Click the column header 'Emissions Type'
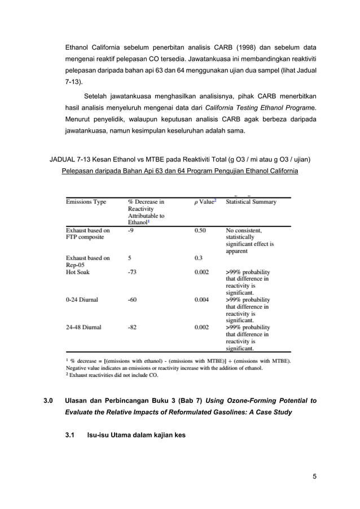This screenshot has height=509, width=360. [86, 202]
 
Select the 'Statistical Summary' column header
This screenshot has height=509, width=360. [251, 202]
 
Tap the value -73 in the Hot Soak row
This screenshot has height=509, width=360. [133, 272]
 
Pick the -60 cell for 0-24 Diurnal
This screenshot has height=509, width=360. [133, 300]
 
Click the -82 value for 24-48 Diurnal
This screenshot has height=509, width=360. [133, 327]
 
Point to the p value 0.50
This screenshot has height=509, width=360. [200, 230]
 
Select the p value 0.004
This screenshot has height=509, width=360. [201, 300]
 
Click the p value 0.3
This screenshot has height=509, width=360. [198, 258]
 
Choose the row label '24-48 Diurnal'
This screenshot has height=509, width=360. [84, 327]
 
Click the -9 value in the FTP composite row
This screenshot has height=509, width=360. [131, 230]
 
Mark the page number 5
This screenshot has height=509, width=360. [314, 476]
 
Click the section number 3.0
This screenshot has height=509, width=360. [49, 401]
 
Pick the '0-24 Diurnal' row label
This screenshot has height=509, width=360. [82, 300]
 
